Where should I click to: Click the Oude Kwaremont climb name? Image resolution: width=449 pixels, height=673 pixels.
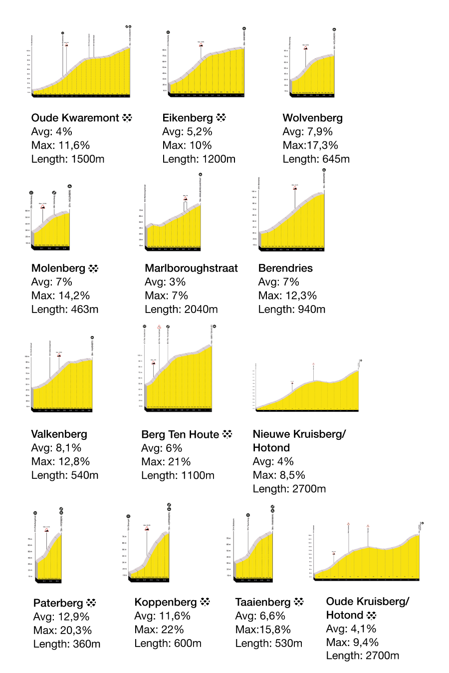(x=75, y=118)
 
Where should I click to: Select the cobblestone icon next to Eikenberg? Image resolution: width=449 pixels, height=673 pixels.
(x=221, y=118)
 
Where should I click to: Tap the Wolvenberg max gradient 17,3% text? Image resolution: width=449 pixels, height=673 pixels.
(x=310, y=145)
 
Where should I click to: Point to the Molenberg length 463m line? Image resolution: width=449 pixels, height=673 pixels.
(x=65, y=310)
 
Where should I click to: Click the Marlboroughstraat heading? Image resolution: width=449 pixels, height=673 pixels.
(x=191, y=269)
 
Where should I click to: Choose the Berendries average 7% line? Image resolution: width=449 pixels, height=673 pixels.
(x=278, y=282)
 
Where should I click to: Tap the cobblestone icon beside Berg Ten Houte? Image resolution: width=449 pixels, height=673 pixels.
(x=227, y=434)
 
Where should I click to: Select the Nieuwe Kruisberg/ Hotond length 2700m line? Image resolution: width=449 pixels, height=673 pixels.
(x=289, y=489)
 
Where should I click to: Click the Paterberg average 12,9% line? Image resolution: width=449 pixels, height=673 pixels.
(x=61, y=617)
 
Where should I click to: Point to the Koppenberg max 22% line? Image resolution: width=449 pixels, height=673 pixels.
(x=159, y=630)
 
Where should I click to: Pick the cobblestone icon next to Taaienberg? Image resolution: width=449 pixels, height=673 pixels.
(x=299, y=602)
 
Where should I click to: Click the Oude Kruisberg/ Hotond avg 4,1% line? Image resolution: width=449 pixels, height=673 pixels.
(x=351, y=629)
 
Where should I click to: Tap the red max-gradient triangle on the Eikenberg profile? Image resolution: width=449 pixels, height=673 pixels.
(x=201, y=45)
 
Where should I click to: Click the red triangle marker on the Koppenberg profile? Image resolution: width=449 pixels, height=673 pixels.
(x=147, y=528)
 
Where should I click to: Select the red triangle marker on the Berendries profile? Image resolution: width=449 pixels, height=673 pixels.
(x=295, y=188)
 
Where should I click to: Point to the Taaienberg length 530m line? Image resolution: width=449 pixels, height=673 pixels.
(x=269, y=644)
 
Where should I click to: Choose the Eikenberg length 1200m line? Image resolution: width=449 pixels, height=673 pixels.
(x=199, y=159)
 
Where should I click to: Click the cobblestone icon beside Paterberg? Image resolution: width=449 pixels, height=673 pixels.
(x=91, y=603)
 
